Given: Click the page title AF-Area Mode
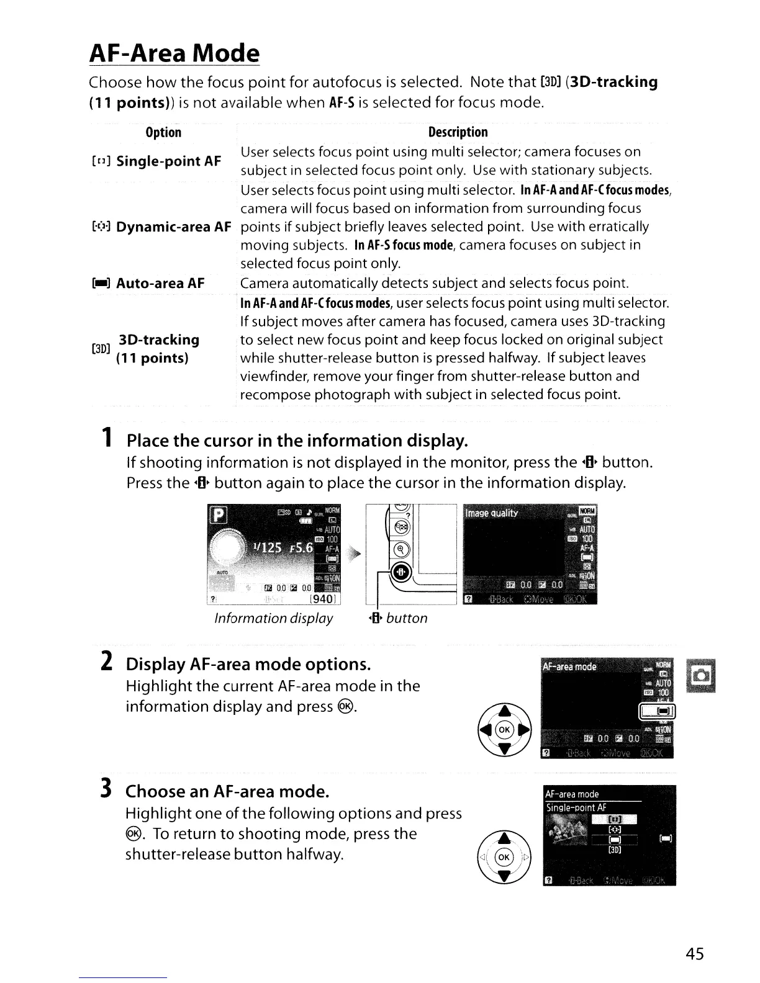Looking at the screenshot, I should [x=174, y=53].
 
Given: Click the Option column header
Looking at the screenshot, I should [x=163, y=132].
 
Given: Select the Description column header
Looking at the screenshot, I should [x=458, y=132].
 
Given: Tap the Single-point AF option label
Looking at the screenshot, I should [x=168, y=161].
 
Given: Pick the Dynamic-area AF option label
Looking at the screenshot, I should [x=173, y=227].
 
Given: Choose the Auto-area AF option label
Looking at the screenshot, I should [x=160, y=284].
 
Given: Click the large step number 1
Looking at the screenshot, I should [x=108, y=439].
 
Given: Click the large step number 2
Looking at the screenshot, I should [x=106, y=662].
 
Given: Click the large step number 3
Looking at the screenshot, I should [x=106, y=789].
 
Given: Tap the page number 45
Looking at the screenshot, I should [x=695, y=954].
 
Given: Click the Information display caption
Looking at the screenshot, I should [x=273, y=618].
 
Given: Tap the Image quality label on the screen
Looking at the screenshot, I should [x=491, y=513].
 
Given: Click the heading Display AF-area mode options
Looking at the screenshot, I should [x=248, y=664].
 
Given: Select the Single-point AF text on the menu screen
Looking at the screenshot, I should [x=576, y=808].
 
